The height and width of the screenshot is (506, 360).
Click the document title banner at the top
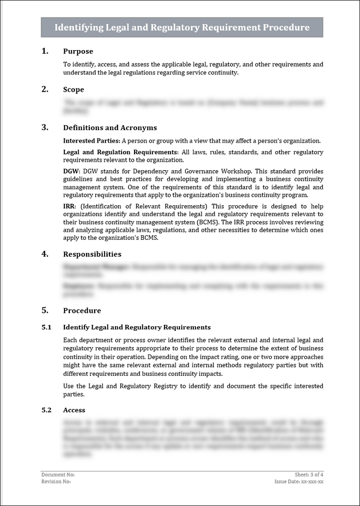(x=181, y=28)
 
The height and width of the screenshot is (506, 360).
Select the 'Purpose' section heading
(x=78, y=51)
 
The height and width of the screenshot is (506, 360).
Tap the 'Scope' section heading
(x=73, y=90)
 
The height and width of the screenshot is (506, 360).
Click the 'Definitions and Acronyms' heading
(x=110, y=128)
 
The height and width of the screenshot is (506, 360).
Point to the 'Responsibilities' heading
(x=92, y=254)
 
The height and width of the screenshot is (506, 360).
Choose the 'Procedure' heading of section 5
(x=82, y=310)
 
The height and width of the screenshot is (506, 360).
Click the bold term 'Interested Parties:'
(x=91, y=141)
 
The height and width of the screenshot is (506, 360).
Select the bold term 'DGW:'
(x=72, y=171)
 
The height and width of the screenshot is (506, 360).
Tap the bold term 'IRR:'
(x=70, y=206)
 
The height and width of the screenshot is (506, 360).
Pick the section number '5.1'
(x=46, y=327)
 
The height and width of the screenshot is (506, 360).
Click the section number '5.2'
(x=46, y=410)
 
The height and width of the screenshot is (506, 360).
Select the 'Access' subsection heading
(x=74, y=410)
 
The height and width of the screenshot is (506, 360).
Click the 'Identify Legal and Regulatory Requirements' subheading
(x=137, y=327)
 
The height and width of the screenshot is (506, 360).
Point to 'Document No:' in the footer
(x=58, y=474)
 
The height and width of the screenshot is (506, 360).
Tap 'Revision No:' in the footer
(x=56, y=481)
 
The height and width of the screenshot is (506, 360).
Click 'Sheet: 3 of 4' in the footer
(x=309, y=474)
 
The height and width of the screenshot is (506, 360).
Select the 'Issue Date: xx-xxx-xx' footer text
(x=299, y=481)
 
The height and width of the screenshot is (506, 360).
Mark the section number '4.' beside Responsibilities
(x=45, y=254)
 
